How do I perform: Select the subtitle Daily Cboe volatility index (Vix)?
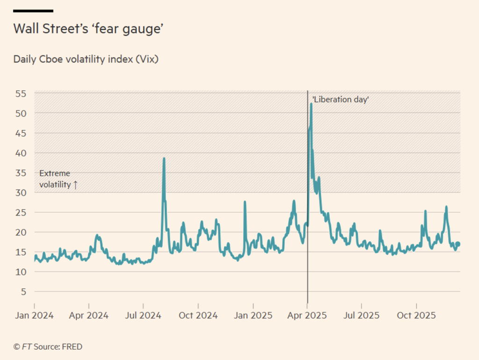click(86, 59)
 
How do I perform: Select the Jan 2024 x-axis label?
click(34, 316)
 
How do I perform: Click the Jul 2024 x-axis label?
click(143, 316)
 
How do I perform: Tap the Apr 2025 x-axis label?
click(307, 316)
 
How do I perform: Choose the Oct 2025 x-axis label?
click(416, 316)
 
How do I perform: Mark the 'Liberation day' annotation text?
click(341, 100)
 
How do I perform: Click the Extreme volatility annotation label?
click(58, 179)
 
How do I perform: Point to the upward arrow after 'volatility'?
click(75, 185)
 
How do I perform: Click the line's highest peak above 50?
click(311, 103)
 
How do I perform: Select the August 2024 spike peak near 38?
click(164, 158)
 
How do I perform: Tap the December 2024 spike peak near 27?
click(245, 202)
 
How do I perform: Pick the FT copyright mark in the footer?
click(16, 347)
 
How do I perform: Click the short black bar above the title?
click(33, 10)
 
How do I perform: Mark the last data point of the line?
click(458, 244)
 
